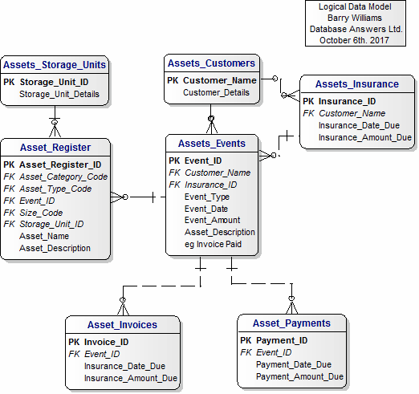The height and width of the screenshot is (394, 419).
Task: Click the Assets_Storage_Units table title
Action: coord(55,65)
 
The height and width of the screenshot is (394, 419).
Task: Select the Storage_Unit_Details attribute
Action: coord(59,94)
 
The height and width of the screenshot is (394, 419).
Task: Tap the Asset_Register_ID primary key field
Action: coord(60,165)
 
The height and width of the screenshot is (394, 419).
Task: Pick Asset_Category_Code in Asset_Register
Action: coord(63,177)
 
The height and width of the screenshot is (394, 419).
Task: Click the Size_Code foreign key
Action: coord(41,213)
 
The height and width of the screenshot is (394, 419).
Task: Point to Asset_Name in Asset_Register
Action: coord(44,236)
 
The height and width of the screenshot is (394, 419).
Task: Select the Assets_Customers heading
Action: coord(211,63)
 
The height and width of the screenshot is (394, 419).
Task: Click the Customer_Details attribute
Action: coord(216,92)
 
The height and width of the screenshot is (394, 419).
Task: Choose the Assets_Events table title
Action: coord(212,144)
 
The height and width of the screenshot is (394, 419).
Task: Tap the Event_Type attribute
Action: coord(207,197)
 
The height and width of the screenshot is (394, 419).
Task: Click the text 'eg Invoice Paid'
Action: coord(213,244)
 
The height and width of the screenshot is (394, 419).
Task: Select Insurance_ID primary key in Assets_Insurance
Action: coord(348,101)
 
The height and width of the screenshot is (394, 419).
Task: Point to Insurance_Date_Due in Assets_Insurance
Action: coord(359,125)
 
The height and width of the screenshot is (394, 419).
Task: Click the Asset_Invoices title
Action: coord(122,325)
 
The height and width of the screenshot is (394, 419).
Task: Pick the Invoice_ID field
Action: coord(107,342)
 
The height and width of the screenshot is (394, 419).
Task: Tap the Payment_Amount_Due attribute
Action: coord(299,376)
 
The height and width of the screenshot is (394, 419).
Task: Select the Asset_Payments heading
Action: coord(291,323)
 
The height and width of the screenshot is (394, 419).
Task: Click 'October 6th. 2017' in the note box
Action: coord(354,40)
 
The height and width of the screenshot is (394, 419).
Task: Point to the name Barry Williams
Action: coord(355,18)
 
